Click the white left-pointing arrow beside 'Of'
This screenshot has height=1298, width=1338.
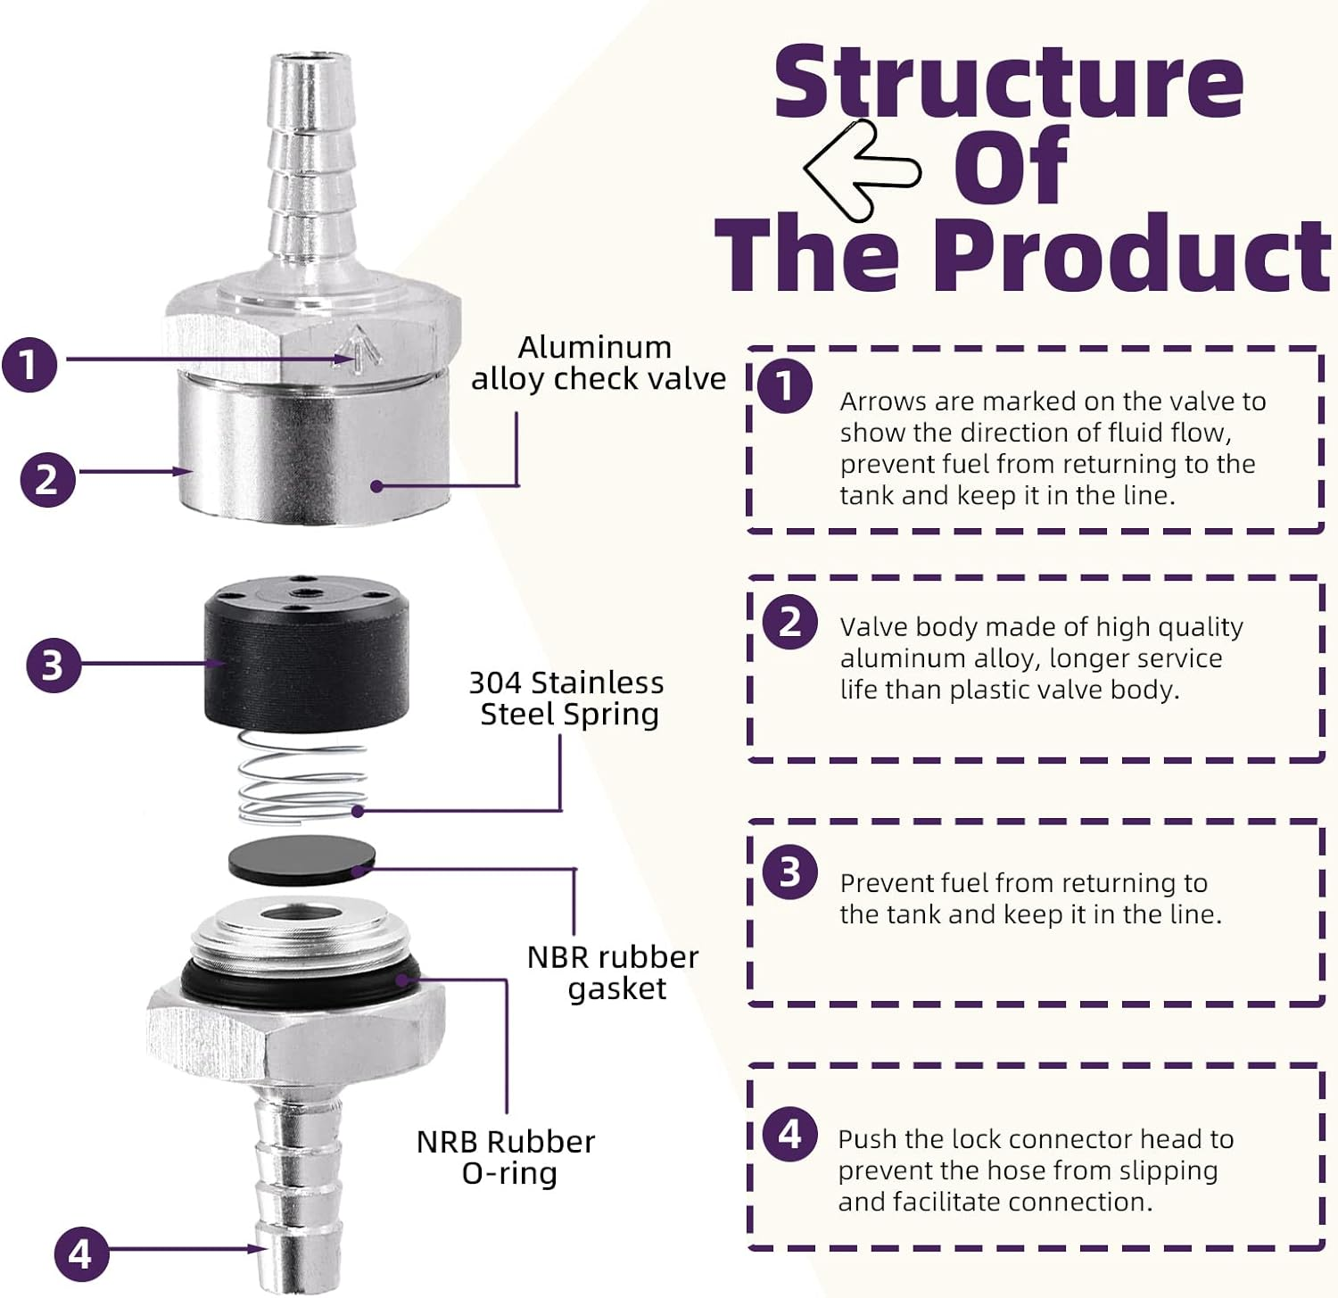coord(862,169)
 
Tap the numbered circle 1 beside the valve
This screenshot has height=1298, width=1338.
coord(29,364)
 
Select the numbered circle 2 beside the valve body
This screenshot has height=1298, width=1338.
coord(47,479)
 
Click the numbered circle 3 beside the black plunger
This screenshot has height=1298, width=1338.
coord(54,665)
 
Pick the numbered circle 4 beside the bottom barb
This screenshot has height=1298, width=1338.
coord(81,1253)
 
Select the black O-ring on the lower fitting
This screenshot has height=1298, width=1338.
coord(299,981)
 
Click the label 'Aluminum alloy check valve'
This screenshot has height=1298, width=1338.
coord(598,363)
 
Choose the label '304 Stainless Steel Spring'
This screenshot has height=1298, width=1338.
coord(567,699)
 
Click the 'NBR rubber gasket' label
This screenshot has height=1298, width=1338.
coord(614,972)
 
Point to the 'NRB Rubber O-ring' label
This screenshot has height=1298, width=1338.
coord(506,1157)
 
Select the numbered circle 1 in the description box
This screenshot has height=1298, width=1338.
coord(785,386)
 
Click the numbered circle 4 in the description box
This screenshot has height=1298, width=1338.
coord(790,1134)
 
